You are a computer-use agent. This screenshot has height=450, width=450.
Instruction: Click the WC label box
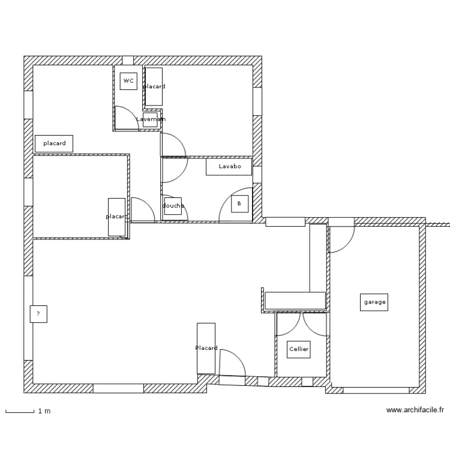pyautogui.click(x=128, y=81)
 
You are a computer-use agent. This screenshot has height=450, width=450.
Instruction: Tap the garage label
pyautogui.click(x=375, y=302)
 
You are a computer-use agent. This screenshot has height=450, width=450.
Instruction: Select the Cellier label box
pyautogui.click(x=299, y=349)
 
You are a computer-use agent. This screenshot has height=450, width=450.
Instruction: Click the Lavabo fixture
pyautogui.click(x=229, y=167)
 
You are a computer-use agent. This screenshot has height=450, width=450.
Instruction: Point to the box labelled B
pyautogui.click(x=239, y=204)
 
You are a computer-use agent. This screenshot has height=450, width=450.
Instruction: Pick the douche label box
pyautogui.click(x=173, y=206)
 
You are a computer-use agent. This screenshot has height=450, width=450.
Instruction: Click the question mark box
pyautogui.click(x=38, y=314)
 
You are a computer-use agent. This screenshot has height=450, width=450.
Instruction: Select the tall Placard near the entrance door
pyautogui.click(x=206, y=348)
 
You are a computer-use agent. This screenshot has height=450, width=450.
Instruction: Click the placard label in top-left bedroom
pyautogui.click(x=54, y=144)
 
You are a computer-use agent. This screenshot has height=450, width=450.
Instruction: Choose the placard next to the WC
pyautogui.click(x=154, y=87)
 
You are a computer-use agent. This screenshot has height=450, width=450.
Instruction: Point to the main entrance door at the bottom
pyautogui.click(x=232, y=367)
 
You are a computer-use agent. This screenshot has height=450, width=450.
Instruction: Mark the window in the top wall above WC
pyautogui.click(x=127, y=60)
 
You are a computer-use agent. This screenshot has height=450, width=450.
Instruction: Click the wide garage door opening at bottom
pyautogui.click(x=376, y=390)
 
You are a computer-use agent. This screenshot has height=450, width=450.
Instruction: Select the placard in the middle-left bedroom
pyautogui.click(x=116, y=217)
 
